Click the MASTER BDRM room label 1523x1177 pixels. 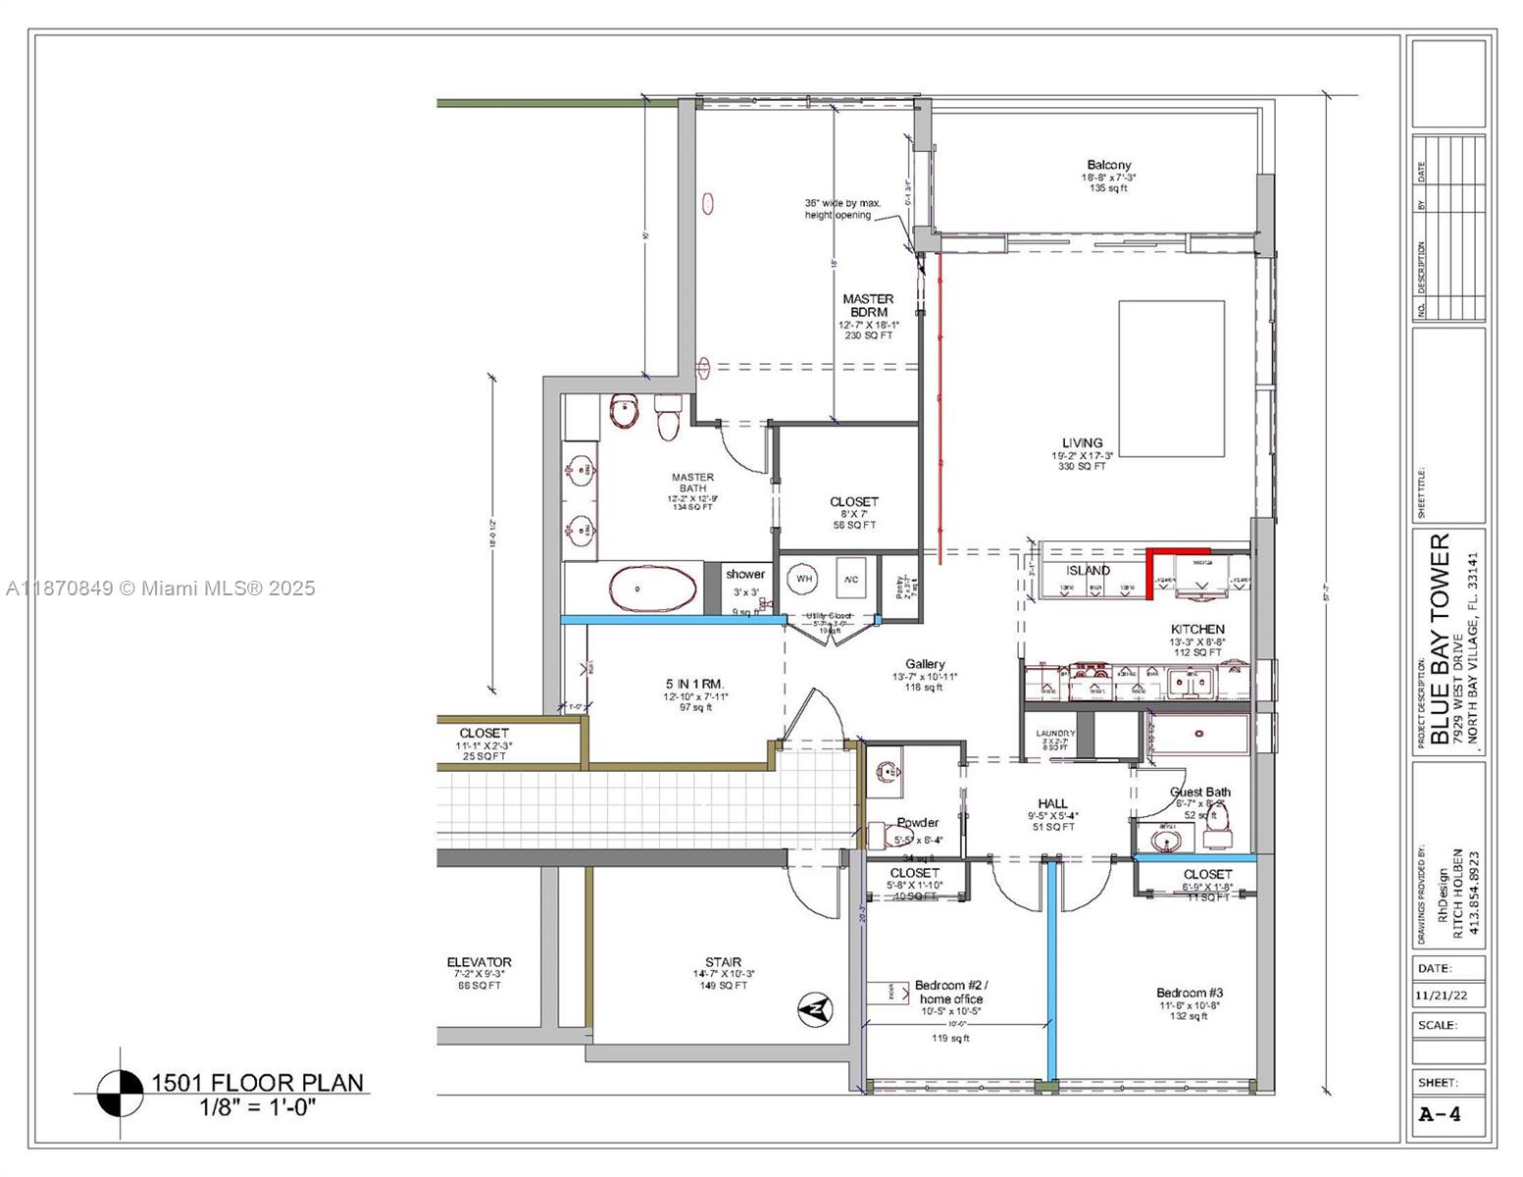coord(867,306)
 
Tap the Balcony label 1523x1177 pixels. coord(1108,165)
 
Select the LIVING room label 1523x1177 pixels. coord(1082,442)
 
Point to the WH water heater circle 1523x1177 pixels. coord(804,579)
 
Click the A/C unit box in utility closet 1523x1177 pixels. coord(850,579)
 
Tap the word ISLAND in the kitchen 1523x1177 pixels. coord(1088,570)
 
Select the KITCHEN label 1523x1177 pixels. coord(1196,629)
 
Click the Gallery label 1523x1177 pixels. coord(925,664)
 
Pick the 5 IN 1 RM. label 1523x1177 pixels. coord(694,684)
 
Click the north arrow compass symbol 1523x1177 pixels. coord(815,1008)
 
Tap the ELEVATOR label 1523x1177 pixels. coord(479,962)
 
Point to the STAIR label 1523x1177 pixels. coord(723,962)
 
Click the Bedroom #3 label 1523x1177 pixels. coord(1189,993)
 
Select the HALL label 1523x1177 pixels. coord(1052,803)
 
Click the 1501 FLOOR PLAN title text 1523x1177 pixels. coord(256,1083)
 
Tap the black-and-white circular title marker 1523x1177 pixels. coord(121,1093)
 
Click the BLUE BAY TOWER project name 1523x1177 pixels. coord(1439,639)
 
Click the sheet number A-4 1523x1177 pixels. coord(1440,1114)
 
